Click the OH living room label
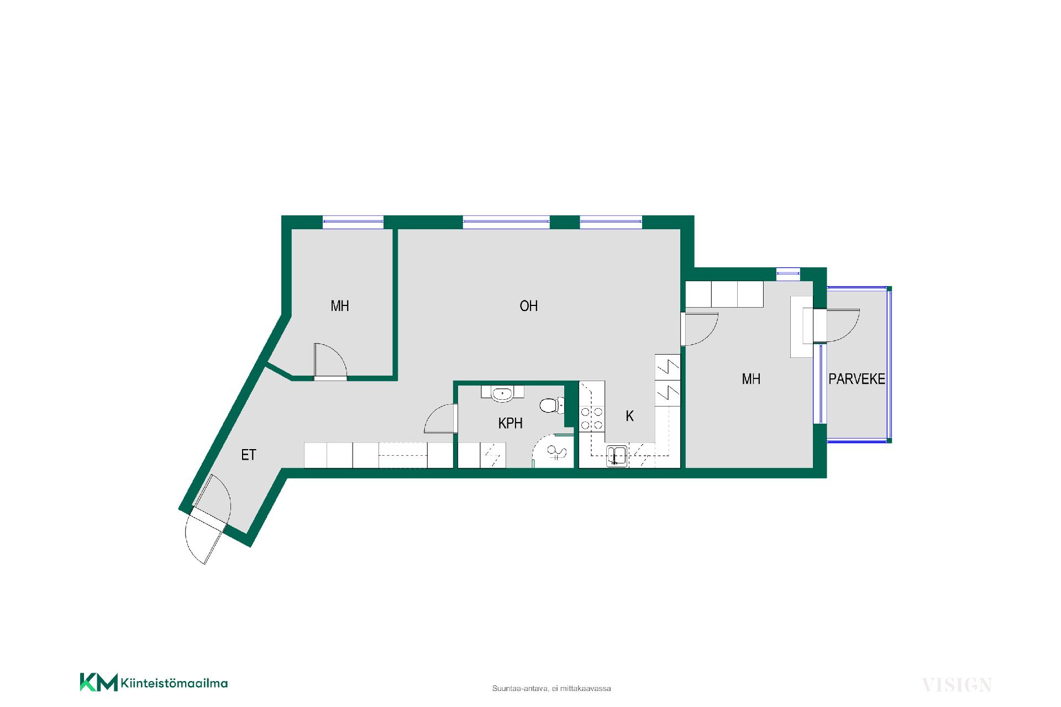pos(528,306)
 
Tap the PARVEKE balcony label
pos(857,379)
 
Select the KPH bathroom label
pos(510,423)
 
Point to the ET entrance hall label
pos(249,455)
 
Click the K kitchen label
pos(629,416)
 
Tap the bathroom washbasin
pos(502,393)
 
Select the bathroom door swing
pos(440,419)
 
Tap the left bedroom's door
pos(330,361)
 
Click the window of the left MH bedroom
pos(353,221)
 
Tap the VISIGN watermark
pos(957,685)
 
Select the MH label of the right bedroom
pos(751,379)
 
